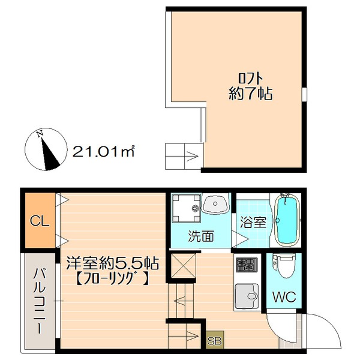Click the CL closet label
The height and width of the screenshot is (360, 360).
40,221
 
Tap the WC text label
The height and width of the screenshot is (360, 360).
284,297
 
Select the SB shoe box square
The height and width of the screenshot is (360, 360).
215,340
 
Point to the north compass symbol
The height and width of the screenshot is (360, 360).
46,149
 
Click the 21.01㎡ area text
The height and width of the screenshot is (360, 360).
103,152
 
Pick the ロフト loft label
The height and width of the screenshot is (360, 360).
250,79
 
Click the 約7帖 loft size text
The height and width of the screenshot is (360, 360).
250,94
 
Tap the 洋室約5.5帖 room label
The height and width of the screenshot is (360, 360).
113,263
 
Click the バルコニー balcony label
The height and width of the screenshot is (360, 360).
40,301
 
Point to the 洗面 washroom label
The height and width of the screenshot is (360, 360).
201,236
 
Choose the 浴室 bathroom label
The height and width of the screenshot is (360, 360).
253,222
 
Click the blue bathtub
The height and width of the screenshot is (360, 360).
287,221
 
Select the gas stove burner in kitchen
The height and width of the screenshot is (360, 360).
247,265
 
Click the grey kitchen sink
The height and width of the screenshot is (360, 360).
247,296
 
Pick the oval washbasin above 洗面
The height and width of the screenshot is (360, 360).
215,204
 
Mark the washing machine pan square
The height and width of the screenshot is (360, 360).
187,208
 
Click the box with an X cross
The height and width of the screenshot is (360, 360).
184,266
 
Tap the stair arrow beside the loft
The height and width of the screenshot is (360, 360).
192,157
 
